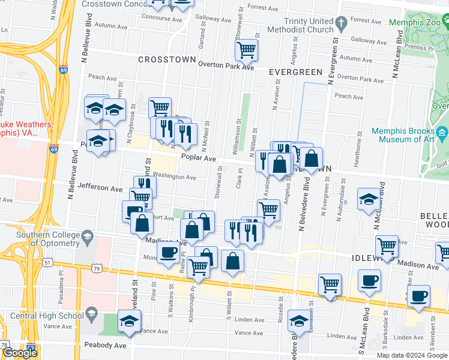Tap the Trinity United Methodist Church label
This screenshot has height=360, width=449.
point(308,25)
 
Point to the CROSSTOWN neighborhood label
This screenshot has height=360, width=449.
point(167,60)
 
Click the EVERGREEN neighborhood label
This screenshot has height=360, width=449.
point(295,72)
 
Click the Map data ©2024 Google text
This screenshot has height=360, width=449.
point(412,355)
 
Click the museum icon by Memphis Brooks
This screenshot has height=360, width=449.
point(443,131)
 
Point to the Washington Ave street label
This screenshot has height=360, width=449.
point(174,178)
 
